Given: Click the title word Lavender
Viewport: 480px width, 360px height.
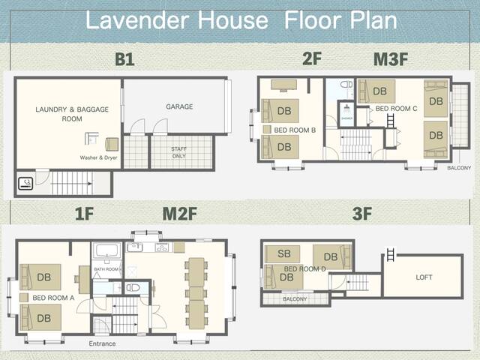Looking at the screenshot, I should tap(138, 19).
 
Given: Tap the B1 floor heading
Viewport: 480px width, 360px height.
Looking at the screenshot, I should tap(124, 60).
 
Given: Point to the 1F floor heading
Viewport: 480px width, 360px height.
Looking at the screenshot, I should tap(84, 214).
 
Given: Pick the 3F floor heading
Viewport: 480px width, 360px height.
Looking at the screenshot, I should tap(362, 214).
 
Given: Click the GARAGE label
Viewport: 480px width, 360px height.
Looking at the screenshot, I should tap(179, 106).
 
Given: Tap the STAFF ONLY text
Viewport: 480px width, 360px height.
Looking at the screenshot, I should tap(180, 154).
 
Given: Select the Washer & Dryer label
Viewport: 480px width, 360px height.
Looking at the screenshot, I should tap(98, 158).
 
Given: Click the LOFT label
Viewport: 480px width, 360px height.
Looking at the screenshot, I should tap(424, 277).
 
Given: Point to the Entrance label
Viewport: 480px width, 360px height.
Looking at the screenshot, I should tap(102, 343).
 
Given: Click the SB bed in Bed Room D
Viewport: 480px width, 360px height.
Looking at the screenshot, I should tap(283, 254).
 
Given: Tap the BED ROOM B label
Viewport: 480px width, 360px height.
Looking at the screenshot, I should tap(294, 130).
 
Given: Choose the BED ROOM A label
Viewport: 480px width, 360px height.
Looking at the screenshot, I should tap(53, 298).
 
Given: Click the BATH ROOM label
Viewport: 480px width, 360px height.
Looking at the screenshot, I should tap(106, 268).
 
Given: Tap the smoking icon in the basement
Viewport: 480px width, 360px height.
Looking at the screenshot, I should tap(25, 182).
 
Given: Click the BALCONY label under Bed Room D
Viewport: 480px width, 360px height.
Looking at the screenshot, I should tap(295, 299).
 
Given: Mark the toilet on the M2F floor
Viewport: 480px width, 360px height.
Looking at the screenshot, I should tap(133, 287).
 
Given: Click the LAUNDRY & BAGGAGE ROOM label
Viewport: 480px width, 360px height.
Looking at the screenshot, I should tap(72, 114).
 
